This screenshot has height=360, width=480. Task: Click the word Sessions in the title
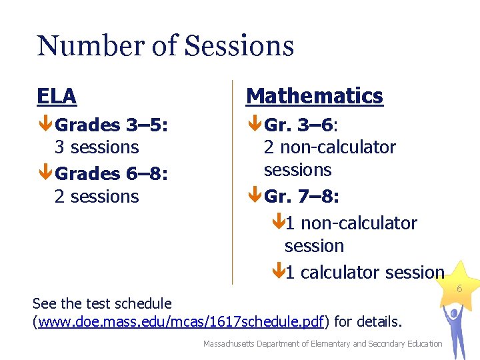[x=239, y=45]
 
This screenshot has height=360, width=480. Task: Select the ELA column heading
[x=57, y=96]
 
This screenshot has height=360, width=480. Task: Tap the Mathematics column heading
[x=315, y=96]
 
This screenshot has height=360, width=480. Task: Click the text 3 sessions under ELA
[x=96, y=147]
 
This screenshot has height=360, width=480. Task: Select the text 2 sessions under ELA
[x=96, y=197]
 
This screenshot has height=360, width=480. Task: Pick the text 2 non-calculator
[x=329, y=147]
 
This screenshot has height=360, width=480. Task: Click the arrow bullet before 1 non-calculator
[x=278, y=223]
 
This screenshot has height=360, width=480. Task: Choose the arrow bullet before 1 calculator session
[x=278, y=272]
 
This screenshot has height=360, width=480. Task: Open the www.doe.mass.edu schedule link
[x=182, y=323]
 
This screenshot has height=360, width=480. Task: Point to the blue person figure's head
[x=457, y=313]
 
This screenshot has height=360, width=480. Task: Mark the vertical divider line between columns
[x=232, y=180]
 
